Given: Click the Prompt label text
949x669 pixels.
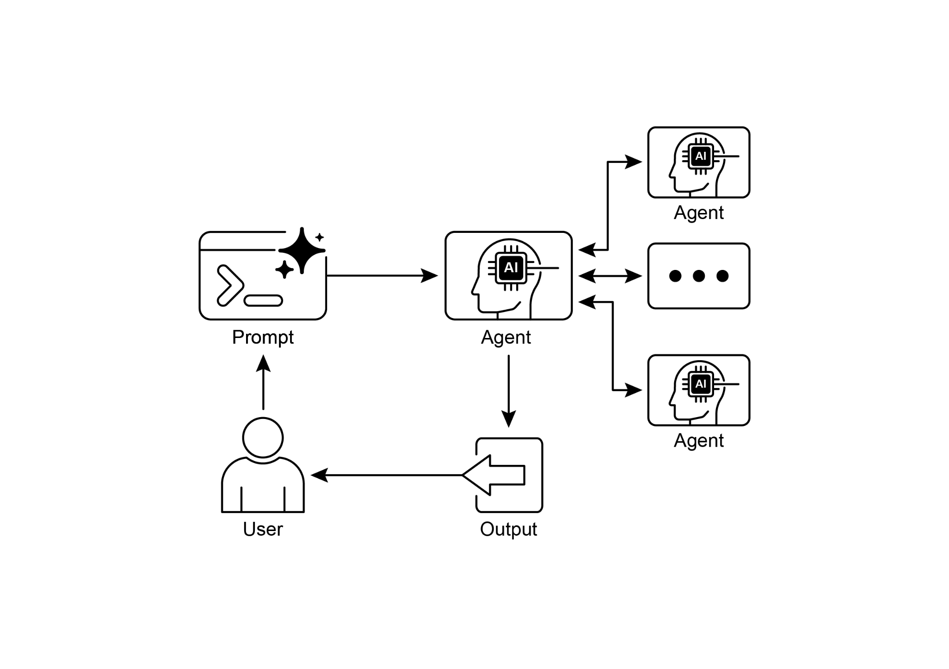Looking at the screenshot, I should click(262, 338).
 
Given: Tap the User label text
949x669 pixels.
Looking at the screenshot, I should click(262, 529).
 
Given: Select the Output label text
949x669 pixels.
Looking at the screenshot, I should click(508, 529).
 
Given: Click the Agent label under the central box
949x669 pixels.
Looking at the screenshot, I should click(506, 338).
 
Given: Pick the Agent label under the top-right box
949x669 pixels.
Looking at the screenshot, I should click(698, 213).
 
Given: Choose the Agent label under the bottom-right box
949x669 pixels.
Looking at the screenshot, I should click(698, 441).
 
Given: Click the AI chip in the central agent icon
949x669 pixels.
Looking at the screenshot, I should click(511, 268).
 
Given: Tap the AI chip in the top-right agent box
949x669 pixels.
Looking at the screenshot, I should click(700, 156).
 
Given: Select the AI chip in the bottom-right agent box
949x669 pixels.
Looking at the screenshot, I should click(700, 384).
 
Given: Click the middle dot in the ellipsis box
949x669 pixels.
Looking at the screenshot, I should click(698, 276).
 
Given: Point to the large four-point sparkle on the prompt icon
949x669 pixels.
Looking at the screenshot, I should click(302, 250).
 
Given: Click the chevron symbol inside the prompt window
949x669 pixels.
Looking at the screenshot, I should click(229, 285).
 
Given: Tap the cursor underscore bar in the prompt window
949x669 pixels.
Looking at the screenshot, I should click(263, 300).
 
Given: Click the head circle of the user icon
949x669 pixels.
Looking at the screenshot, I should click(263, 438).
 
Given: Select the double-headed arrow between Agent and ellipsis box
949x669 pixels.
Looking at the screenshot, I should click(610, 276).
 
